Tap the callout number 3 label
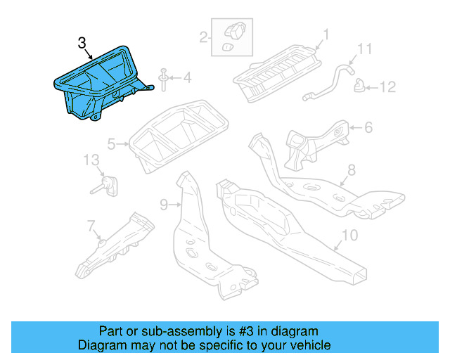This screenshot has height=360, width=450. click(x=82, y=44)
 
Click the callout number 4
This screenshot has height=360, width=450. click(x=187, y=77)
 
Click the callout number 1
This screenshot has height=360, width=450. click(x=326, y=34)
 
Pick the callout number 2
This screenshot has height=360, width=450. click(x=203, y=37)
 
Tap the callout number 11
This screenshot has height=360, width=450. click(x=363, y=49)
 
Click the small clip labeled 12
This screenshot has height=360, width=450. click(x=359, y=86)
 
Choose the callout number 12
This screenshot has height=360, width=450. click(x=388, y=87)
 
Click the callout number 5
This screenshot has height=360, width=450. click(x=111, y=145)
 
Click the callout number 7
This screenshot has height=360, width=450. click(x=91, y=226)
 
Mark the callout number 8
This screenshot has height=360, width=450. click(x=352, y=169)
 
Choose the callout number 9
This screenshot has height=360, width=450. click(x=164, y=205)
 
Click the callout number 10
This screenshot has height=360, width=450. click(x=350, y=235)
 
